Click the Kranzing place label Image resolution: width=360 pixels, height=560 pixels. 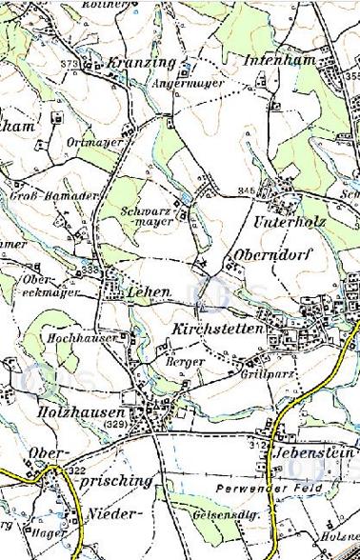pos(142,63)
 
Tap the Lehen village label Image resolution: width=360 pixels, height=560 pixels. pos(149,291)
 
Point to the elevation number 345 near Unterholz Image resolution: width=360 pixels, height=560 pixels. pos(248,191)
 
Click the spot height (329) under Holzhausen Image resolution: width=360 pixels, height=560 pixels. pos(115,425)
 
